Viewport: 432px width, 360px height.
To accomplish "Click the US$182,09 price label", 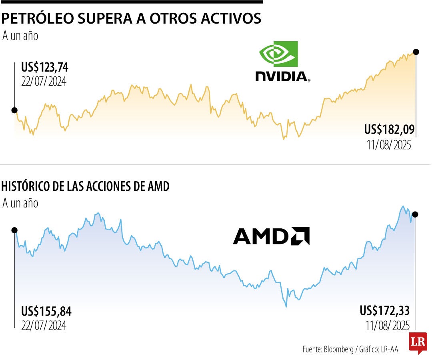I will click(389, 130).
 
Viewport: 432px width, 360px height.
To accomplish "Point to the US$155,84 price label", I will click(46, 311).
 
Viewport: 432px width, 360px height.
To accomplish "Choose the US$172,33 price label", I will click(385, 310).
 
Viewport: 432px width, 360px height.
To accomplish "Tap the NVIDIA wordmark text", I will click(283, 76).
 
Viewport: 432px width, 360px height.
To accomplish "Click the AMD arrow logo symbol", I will click(300, 236).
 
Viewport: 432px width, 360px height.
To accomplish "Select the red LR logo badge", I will click(418, 342).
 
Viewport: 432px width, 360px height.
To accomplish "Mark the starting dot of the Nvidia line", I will click(14, 110).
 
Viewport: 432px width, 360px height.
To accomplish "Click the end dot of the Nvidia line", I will click(416, 52).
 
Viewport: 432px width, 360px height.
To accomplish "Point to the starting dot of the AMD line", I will click(14, 230).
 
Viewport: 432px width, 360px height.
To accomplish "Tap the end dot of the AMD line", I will click(415, 214).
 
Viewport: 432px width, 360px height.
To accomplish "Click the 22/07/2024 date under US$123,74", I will click(44, 81).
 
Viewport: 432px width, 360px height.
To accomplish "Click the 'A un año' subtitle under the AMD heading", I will click(20, 203).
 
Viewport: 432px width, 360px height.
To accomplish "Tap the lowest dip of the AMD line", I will click(286, 306).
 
